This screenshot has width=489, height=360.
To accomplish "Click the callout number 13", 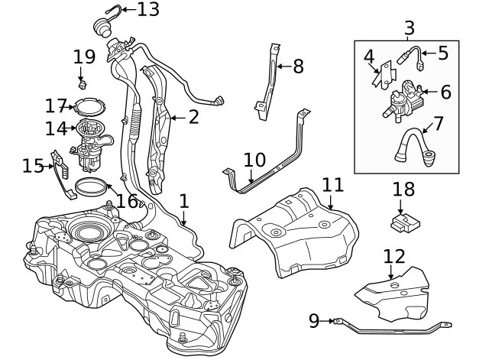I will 148,10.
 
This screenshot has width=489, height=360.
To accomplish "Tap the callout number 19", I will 84,56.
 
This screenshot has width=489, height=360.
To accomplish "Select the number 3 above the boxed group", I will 409,28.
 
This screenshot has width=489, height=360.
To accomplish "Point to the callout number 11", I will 332,185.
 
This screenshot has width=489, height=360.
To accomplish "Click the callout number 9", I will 314,321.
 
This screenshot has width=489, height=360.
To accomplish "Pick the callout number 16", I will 128,201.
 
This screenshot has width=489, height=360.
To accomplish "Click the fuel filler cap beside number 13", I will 100,28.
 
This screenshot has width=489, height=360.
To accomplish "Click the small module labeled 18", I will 404,222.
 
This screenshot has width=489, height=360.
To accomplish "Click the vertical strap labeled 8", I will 269,80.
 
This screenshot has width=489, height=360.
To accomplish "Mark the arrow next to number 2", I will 173,118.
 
